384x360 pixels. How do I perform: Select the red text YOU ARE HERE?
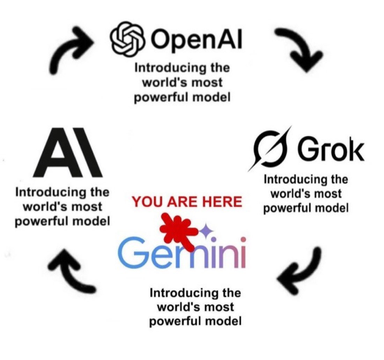pyautogui.click(x=187, y=202)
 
